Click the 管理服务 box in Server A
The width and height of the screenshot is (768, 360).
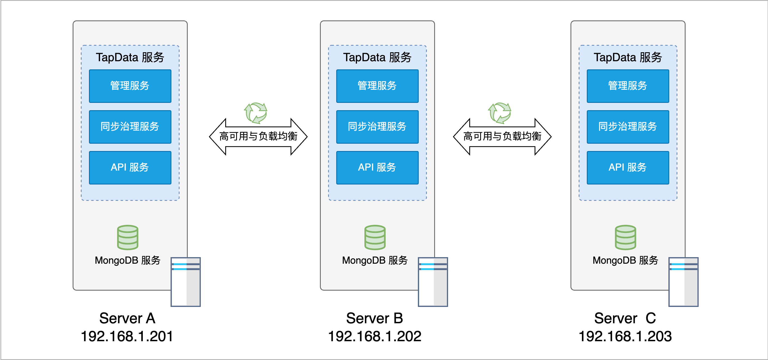tap(130, 86)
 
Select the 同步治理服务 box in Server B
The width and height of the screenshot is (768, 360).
tap(377, 127)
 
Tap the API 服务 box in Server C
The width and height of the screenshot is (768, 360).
tap(628, 168)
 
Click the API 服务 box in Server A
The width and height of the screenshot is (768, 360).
tap(130, 168)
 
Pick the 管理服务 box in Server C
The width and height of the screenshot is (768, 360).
tap(628, 86)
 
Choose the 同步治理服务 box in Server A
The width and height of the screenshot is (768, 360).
tap(130, 127)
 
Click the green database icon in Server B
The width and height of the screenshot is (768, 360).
tap(375, 238)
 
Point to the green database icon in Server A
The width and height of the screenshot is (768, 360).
tap(128, 238)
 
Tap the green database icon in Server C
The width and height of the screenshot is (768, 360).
tap(625, 238)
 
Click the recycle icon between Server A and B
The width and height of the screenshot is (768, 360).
tap(255, 113)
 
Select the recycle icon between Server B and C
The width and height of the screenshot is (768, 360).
tap(499, 113)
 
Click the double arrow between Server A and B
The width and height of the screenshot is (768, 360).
tap(258, 137)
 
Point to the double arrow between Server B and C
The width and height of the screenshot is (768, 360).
tap(502, 137)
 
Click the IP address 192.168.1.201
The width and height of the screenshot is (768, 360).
tap(127, 336)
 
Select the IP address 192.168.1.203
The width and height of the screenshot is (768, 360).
tap(625, 336)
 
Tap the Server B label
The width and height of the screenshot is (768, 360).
tap(374, 318)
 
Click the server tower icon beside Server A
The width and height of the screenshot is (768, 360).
tap(186, 282)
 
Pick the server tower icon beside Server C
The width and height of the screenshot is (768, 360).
tap(683, 282)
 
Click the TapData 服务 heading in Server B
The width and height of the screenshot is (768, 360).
tap(377, 57)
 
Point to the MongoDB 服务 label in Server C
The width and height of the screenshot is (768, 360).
tap(625, 260)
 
